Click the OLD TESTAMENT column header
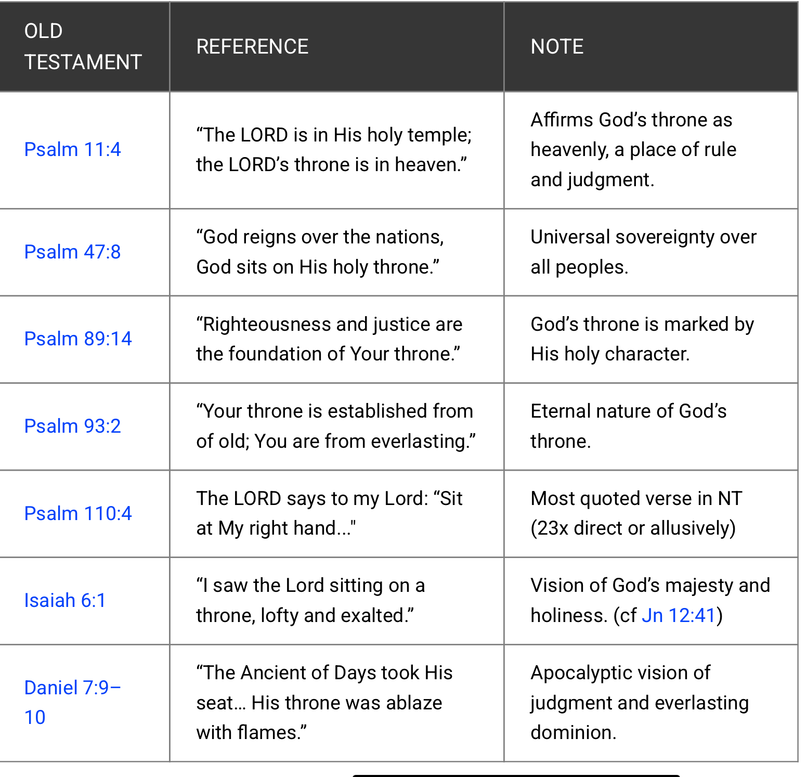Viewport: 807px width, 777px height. (83, 47)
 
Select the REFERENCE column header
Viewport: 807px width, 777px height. (252, 47)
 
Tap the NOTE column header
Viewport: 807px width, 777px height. (557, 47)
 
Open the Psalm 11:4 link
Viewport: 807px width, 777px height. (72, 150)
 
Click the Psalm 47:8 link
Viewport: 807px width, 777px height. (72, 252)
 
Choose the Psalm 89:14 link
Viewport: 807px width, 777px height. (78, 339)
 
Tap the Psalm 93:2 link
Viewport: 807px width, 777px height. (72, 426)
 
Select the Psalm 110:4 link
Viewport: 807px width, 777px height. (78, 514)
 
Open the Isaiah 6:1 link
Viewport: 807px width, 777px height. (65, 601)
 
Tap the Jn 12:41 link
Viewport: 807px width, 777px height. (679, 616)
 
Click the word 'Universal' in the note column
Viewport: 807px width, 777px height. (570, 237)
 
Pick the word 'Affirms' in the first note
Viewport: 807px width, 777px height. (562, 120)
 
